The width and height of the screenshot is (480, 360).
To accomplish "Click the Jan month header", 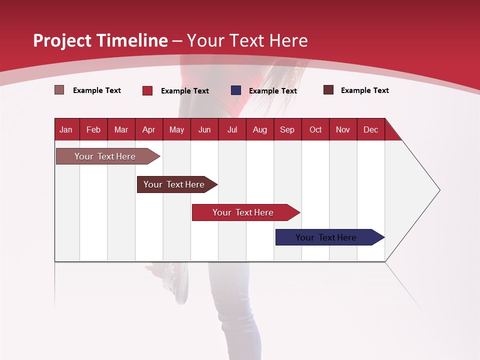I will (x=66, y=129).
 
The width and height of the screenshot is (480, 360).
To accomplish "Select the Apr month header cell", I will (x=149, y=129).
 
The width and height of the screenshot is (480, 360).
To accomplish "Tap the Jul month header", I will (x=232, y=129).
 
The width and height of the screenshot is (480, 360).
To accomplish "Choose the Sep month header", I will (x=287, y=129).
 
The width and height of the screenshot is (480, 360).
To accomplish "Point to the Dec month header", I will (x=370, y=129).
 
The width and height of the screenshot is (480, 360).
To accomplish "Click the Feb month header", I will (x=93, y=129).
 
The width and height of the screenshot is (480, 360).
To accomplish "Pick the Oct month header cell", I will (x=315, y=129).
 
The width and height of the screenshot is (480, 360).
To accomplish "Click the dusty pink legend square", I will (x=59, y=90).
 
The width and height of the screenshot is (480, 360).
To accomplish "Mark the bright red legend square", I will (x=147, y=90).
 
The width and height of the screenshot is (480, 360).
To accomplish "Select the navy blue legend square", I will (x=236, y=90).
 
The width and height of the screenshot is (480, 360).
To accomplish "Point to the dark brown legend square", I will (x=328, y=90).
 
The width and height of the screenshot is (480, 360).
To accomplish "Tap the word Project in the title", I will (x=62, y=40).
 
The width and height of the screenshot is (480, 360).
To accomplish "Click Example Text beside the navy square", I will (x=272, y=91).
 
